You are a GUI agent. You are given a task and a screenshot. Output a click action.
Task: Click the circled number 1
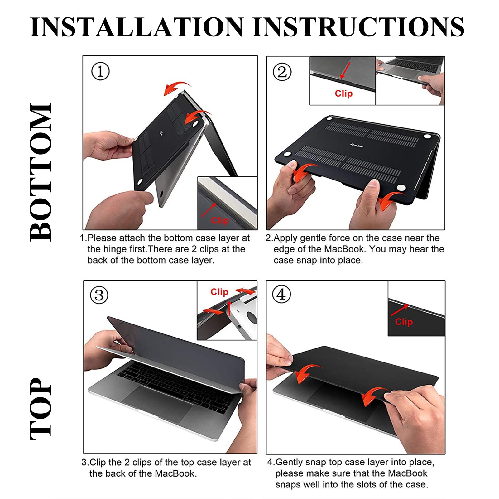pos(100,71)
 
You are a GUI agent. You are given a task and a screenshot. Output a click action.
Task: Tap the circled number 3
pos(99,295)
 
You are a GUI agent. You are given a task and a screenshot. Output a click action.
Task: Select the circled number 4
pos(281,294)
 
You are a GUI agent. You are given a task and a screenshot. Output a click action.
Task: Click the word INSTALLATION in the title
pos(137,27)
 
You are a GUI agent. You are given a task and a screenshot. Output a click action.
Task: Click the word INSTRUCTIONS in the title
pos(359,27)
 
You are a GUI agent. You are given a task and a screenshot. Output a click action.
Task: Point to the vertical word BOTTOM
pos(41,172)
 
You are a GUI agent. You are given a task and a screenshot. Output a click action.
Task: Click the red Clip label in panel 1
pos(220,221)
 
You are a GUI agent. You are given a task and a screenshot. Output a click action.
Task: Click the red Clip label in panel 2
pos(343,94)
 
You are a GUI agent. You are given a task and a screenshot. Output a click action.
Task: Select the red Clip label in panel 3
pos(219,292)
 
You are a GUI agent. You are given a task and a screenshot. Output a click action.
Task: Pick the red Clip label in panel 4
pos(404,322)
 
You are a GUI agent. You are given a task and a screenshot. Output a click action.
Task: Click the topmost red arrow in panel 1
pos(177,89)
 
